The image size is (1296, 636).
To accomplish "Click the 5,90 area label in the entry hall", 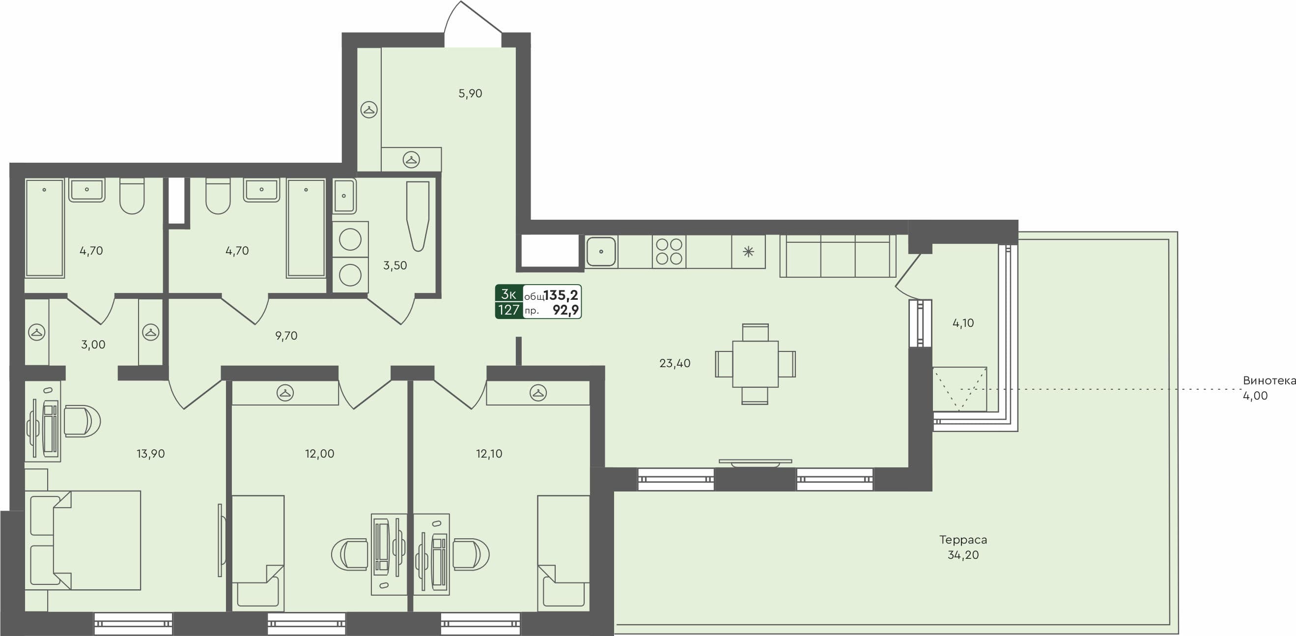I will pyautogui.click(x=470, y=93).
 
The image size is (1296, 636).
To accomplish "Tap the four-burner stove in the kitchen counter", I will pyautogui.click(x=669, y=252).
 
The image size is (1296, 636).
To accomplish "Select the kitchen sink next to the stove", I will pyautogui.click(x=601, y=252).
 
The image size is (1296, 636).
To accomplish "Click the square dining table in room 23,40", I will pyautogui.click(x=755, y=364).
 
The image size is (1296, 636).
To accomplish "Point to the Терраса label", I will pyautogui.click(x=963, y=540).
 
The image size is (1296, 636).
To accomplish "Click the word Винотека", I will pyautogui.click(x=1269, y=381).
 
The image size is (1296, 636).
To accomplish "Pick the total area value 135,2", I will pyautogui.click(x=561, y=295).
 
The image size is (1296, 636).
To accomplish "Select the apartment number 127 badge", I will pyautogui.click(x=508, y=310).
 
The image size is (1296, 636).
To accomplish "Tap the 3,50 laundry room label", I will pyautogui.click(x=395, y=266).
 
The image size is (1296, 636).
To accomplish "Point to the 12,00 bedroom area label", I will pyautogui.click(x=319, y=454).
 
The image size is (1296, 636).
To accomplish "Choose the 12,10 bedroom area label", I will pyautogui.click(x=489, y=454).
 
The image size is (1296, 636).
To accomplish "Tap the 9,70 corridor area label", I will pyautogui.click(x=286, y=336).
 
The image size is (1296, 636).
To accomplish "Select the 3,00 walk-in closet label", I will pyautogui.click(x=93, y=345).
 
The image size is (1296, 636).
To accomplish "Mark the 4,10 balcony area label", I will pyautogui.click(x=963, y=323).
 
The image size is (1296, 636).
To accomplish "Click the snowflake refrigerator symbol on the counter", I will pyautogui.click(x=748, y=252).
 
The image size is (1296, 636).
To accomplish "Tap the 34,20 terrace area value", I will pyautogui.click(x=963, y=555).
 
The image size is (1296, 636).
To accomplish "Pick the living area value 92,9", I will pyautogui.click(x=565, y=310).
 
